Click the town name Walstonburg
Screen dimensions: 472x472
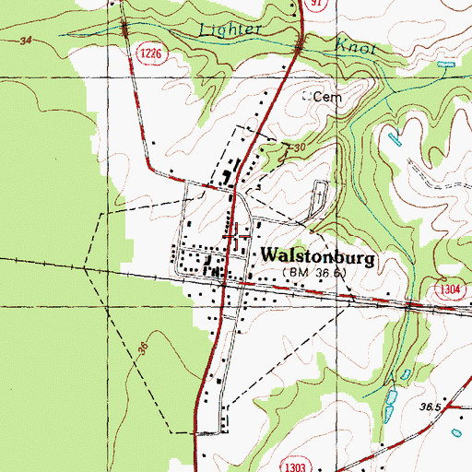pyautogui.click(x=319, y=257)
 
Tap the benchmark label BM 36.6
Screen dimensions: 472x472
pyautogui.click(x=316, y=274)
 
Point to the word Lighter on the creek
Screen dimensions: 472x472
pyautogui.click(x=230, y=29)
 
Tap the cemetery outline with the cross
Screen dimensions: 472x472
pyautogui.click(x=320, y=197)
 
